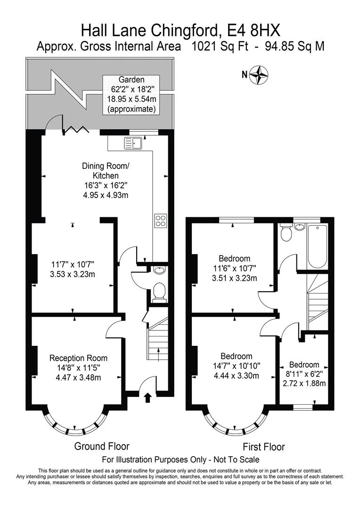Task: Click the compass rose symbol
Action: (x=259, y=74)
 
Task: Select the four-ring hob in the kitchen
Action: (x=161, y=221)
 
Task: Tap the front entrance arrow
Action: (x=147, y=397)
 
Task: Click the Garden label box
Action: (x=131, y=95)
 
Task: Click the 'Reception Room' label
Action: (x=79, y=358)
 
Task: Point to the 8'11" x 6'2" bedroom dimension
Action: (x=304, y=374)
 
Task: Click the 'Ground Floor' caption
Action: (x=102, y=446)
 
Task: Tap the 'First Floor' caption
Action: (x=264, y=447)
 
